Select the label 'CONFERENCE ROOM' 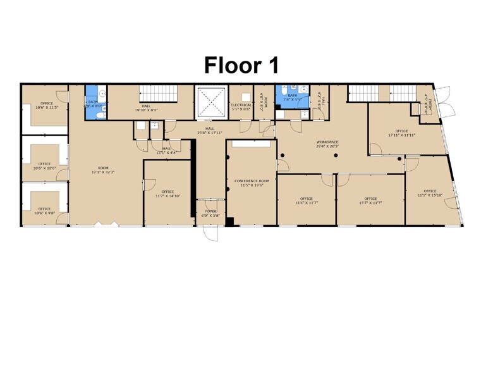point(252,181)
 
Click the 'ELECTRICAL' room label point(241,105)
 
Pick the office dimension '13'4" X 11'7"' point(307,203)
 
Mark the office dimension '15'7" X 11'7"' point(370,203)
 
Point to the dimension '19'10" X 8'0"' point(145,110)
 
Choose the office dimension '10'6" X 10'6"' point(44,169)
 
